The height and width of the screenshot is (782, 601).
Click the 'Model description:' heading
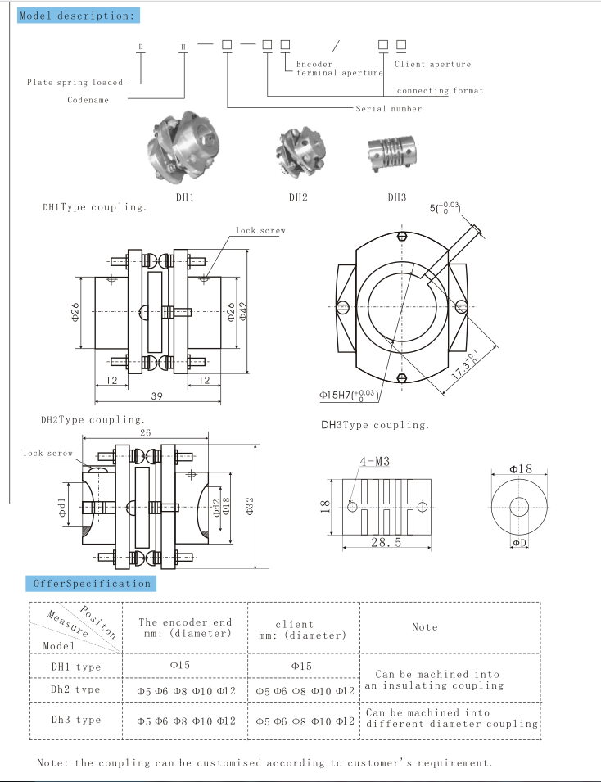(x=78, y=16)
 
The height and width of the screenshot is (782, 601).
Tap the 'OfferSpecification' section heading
(x=91, y=583)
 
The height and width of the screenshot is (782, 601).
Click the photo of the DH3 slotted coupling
(x=397, y=156)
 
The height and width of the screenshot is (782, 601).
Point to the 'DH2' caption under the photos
(x=298, y=197)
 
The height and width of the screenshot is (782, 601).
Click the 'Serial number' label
(x=389, y=108)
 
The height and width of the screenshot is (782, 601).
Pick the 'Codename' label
(x=88, y=100)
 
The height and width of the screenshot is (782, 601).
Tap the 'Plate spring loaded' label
(x=75, y=82)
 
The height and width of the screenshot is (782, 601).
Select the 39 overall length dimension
(x=156, y=396)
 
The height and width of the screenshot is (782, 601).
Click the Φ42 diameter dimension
(x=242, y=310)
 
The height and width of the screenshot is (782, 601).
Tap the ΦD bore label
(x=519, y=543)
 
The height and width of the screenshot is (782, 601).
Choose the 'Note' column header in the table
(x=424, y=626)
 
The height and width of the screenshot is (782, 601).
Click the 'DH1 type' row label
(x=76, y=667)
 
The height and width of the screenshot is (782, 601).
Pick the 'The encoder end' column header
(x=185, y=622)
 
